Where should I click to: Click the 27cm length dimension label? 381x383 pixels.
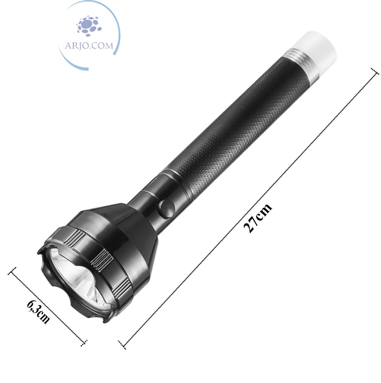click(258, 218)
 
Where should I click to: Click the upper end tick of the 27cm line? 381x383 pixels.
click(375, 72)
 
